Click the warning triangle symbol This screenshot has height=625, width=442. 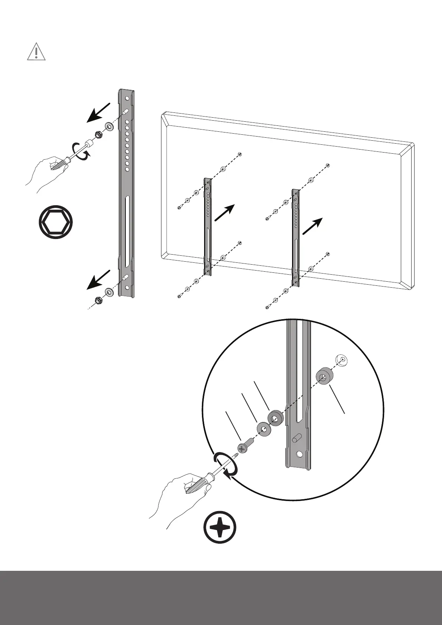(x=36, y=52)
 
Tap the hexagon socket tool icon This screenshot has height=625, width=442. (x=56, y=222)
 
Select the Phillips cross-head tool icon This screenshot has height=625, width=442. (x=220, y=527)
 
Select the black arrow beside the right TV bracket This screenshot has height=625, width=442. (x=312, y=226)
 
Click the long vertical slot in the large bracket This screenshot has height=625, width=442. (x=127, y=231)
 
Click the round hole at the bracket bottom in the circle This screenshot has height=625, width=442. (x=300, y=454)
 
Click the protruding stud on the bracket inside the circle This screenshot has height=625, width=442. (x=295, y=438)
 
